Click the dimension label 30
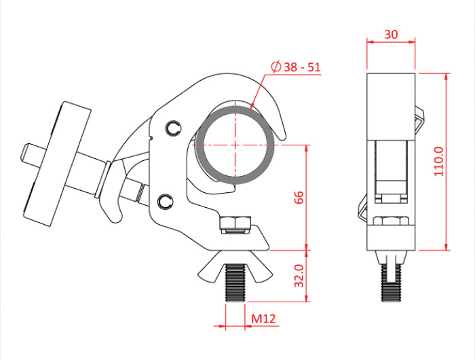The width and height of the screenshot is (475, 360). tap(391, 35)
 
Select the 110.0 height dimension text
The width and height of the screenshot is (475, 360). tap(438, 162)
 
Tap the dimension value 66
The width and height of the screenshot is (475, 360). tap(299, 198)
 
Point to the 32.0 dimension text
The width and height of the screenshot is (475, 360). tap(299, 276)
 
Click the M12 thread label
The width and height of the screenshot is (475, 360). tap(263, 319)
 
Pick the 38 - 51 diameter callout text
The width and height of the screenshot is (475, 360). tap(302, 67)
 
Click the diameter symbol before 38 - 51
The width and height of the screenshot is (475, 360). tap(276, 67)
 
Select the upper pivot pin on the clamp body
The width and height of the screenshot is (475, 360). tap(173, 128)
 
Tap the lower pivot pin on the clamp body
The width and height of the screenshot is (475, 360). tap(165, 201)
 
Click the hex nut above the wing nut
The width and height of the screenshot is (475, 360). tap(235, 224)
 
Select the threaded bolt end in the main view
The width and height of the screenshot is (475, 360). tap(235, 283)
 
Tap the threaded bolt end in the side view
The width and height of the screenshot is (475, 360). tap(391, 283)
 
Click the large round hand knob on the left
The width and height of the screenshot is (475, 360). tap(58, 164)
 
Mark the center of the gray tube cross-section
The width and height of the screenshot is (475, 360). tap(235, 145)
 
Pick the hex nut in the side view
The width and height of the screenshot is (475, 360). tap(391, 221)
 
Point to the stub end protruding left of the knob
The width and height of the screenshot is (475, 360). tap(33, 156)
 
